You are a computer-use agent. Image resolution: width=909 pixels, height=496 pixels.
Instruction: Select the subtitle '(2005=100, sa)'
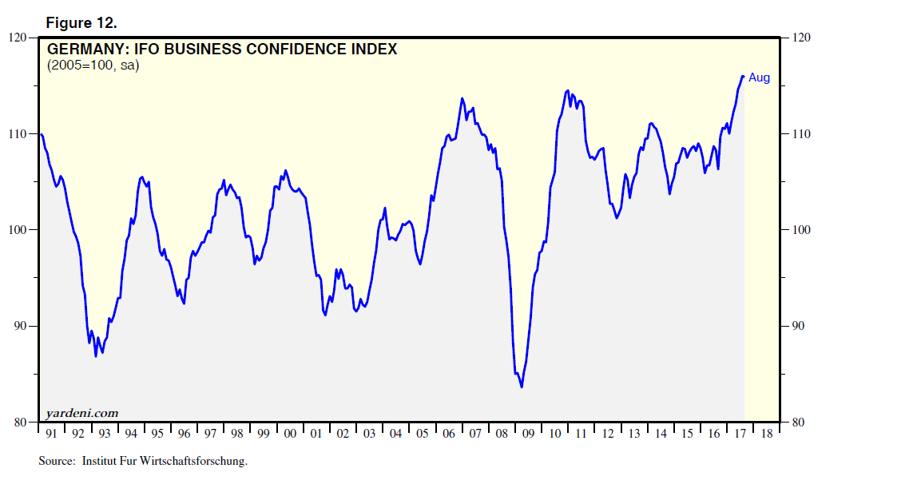click(x=93, y=65)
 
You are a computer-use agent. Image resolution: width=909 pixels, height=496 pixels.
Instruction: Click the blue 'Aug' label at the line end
click(x=759, y=77)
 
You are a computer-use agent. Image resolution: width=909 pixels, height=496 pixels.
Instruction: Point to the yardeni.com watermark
click(x=83, y=413)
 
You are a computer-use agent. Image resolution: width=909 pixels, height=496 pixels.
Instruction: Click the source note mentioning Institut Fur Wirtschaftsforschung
click(x=143, y=462)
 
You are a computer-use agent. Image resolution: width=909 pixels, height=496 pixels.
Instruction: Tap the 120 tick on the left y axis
click(x=17, y=38)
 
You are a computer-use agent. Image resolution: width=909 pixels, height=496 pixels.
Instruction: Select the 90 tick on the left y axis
click(x=19, y=326)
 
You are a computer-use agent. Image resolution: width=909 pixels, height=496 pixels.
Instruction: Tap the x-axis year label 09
click(x=527, y=434)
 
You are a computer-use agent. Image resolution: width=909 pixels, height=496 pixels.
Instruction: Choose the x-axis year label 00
click(x=290, y=434)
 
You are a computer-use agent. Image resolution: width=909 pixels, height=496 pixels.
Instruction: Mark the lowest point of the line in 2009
click(x=522, y=387)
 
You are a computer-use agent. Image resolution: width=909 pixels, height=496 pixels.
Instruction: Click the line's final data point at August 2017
click(x=743, y=77)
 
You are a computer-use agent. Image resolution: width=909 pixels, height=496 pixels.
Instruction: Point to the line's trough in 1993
click(x=96, y=356)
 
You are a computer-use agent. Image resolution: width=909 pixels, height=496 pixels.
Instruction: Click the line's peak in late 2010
click(x=567, y=90)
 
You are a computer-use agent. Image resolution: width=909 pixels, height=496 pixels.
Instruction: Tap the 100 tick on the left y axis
click(x=17, y=230)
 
